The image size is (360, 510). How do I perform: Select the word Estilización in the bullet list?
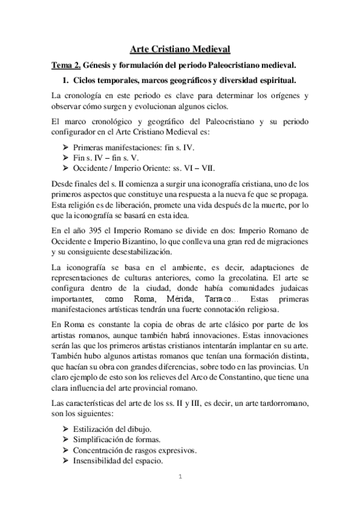tap(96, 429)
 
